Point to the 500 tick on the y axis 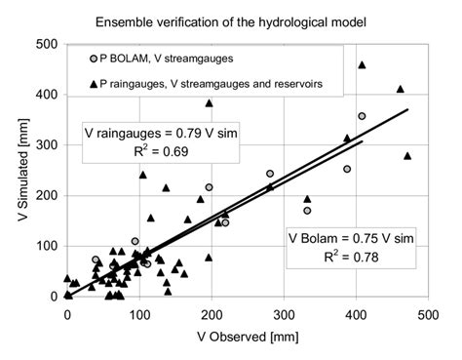coord(45,45)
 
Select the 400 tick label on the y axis coord(45,95)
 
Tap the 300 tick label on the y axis coord(45,145)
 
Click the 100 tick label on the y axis coord(45,246)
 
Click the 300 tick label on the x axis coord(283,314)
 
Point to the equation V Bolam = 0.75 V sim coord(354,239)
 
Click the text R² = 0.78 coord(354,259)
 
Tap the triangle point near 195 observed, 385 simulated coord(209,103)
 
